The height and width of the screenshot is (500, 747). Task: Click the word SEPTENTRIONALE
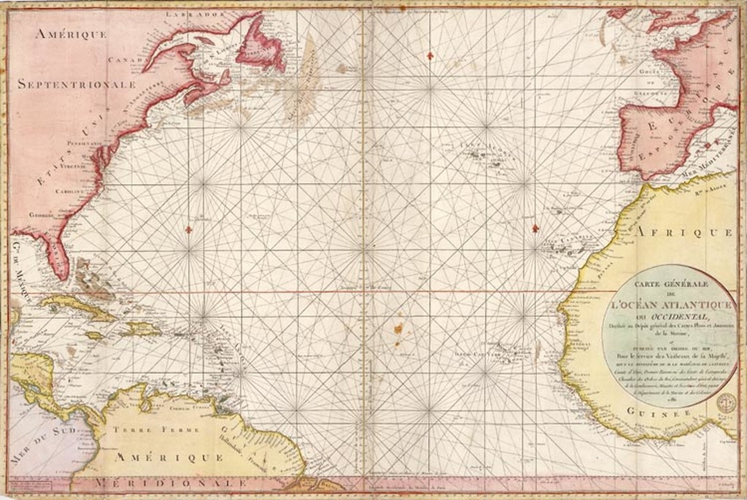(x=77, y=84)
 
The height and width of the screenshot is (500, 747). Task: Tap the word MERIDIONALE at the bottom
(x=175, y=484)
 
